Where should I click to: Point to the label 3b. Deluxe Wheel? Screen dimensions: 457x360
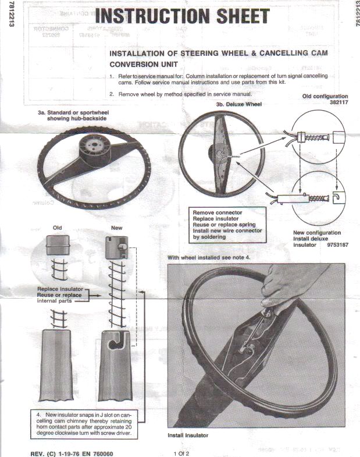click(238, 105)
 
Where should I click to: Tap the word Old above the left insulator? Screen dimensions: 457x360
click(58, 228)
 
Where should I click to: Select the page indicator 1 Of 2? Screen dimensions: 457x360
click(181, 452)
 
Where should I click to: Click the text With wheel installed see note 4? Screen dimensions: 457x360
click(209, 257)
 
